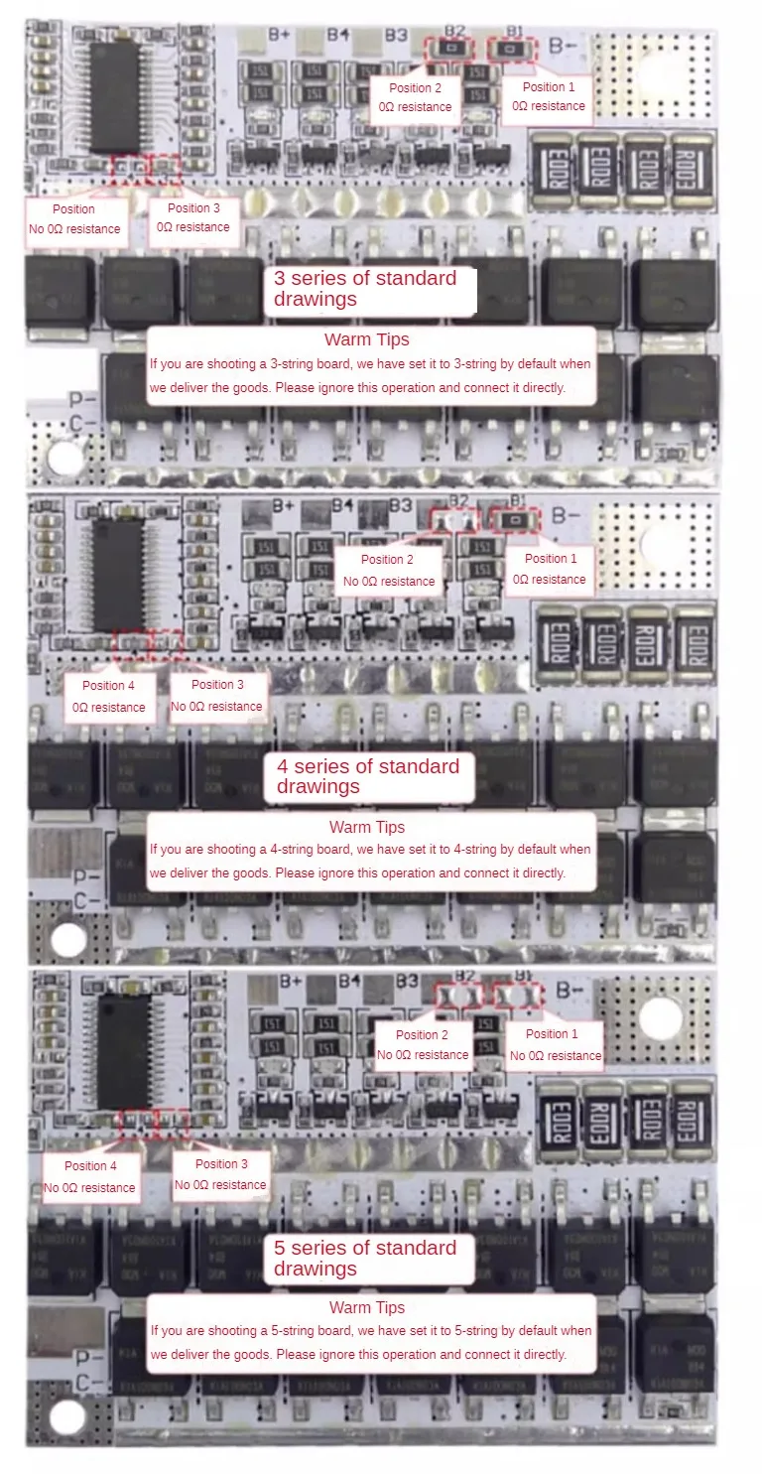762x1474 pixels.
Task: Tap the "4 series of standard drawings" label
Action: point(368,776)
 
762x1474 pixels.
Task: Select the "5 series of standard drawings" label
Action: point(365,1259)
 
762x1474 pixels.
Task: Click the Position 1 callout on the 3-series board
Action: point(549,97)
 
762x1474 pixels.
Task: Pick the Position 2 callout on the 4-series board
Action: point(389,571)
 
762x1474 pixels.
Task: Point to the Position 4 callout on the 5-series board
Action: point(89,1177)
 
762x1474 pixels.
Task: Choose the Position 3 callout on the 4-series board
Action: point(216,696)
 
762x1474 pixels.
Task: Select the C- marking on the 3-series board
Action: point(85,422)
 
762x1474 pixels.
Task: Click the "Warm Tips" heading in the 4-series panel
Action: point(367,827)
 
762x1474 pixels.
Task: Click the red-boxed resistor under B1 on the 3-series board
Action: point(512,49)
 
